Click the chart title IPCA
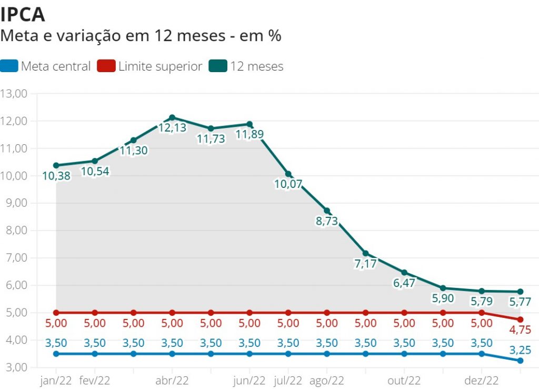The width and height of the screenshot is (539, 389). pyautogui.click(x=23, y=14)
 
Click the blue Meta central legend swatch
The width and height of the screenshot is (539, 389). pyautogui.click(x=9, y=66)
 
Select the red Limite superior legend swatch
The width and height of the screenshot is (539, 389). pyautogui.click(x=106, y=66)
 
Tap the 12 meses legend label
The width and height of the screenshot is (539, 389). pyautogui.click(x=256, y=66)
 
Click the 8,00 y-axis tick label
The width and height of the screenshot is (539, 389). pyautogui.click(x=16, y=231)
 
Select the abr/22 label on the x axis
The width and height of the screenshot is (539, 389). pyautogui.click(x=172, y=380)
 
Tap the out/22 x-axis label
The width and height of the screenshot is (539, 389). pyautogui.click(x=404, y=380)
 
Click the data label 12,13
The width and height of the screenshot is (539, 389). pyautogui.click(x=172, y=127)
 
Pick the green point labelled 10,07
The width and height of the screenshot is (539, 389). pyautogui.click(x=288, y=174)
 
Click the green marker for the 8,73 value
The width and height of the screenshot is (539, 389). pyautogui.click(x=327, y=211)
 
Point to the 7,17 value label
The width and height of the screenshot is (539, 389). pyautogui.click(x=365, y=264)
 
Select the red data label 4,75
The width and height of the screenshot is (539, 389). pyautogui.click(x=520, y=331)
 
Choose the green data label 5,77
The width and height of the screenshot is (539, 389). pyautogui.click(x=520, y=302)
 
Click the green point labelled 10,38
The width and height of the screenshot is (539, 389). pyautogui.click(x=56, y=165)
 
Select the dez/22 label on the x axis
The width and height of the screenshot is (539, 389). pyautogui.click(x=482, y=380)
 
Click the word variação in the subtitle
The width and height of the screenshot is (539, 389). pyautogui.click(x=89, y=36)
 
